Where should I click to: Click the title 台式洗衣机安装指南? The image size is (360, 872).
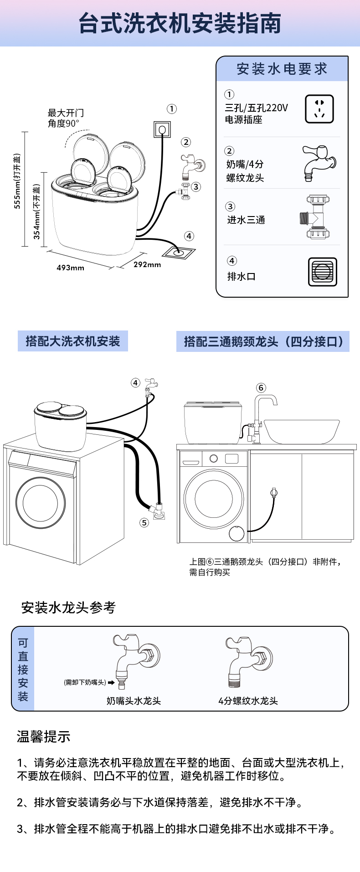click(180, 24)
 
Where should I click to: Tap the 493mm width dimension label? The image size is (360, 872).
click(70, 268)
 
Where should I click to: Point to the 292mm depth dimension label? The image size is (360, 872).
click(147, 264)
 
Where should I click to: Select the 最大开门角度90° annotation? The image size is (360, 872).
click(66, 118)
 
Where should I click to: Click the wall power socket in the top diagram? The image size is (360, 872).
click(162, 129)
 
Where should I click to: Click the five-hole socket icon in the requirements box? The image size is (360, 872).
click(319, 109)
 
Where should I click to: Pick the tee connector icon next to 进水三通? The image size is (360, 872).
click(317, 217)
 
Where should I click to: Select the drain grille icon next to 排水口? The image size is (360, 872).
click(322, 272)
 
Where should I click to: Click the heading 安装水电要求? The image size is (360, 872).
click(282, 69)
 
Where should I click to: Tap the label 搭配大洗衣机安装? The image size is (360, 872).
click(73, 341)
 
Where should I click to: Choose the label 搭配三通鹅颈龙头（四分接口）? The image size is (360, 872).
click(263, 341)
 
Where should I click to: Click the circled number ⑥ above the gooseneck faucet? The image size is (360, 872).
click(261, 387)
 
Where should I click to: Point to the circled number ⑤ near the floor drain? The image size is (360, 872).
click(144, 522)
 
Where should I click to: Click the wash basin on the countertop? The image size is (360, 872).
click(302, 431)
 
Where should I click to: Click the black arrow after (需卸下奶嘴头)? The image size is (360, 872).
click(111, 682)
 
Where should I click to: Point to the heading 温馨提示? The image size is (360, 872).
click(43, 736)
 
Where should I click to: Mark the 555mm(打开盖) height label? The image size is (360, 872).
click(17, 182)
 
